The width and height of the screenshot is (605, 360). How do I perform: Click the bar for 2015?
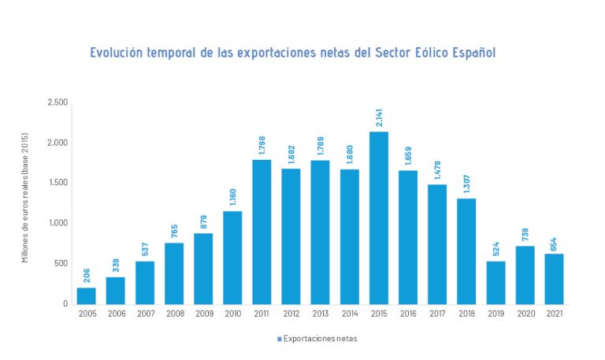point(378,217)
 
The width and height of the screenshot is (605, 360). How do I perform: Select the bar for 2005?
point(86,295)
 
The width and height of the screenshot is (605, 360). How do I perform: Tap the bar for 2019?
point(496,282)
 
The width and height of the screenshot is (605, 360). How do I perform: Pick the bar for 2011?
point(262,232)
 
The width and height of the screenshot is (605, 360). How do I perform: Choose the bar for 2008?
point(174,273)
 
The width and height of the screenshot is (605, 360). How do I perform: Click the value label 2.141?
point(379,117)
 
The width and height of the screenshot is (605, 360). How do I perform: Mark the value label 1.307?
point(466,184)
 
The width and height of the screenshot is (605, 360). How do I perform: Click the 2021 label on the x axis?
point(554,314)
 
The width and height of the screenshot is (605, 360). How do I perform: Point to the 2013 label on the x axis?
point(320,314)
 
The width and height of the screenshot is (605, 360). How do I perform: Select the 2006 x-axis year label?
point(116,314)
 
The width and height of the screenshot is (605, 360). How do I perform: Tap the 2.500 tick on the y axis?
point(58,102)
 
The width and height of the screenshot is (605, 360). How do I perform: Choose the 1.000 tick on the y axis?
point(58,223)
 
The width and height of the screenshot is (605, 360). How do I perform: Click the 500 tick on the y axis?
point(61,263)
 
